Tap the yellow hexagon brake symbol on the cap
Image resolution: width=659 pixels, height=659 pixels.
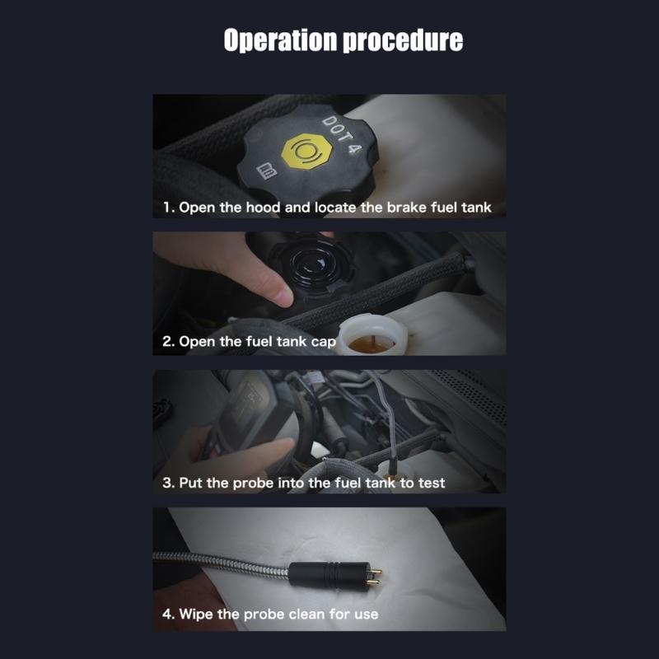coord(306,152)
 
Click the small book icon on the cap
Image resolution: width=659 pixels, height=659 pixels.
coord(265,171)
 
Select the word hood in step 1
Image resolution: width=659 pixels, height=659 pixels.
coord(263,207)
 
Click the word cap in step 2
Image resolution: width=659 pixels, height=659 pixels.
coord(323,341)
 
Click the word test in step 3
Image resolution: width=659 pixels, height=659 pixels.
coord(429,482)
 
